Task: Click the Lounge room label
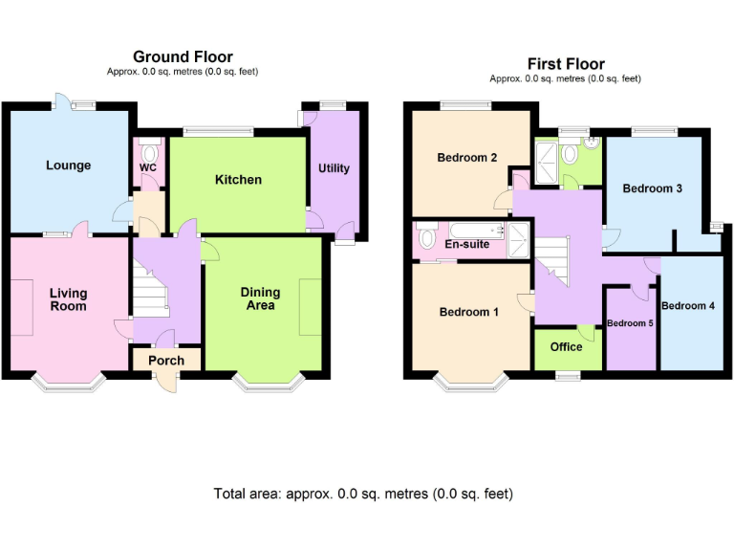(x=69, y=165)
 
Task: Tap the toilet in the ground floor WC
(x=149, y=152)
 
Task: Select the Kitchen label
(x=238, y=180)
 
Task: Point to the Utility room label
(x=334, y=168)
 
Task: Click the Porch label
(x=166, y=361)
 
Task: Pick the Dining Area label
(x=260, y=298)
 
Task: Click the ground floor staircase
(x=150, y=293)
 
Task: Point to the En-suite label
(x=467, y=244)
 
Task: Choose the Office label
(x=566, y=347)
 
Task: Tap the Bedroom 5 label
(x=630, y=323)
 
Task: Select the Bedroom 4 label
(x=688, y=306)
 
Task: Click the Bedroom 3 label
(x=652, y=188)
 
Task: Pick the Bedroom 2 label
(x=466, y=158)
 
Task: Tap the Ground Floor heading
(x=183, y=57)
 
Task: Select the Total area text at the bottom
(x=363, y=495)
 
